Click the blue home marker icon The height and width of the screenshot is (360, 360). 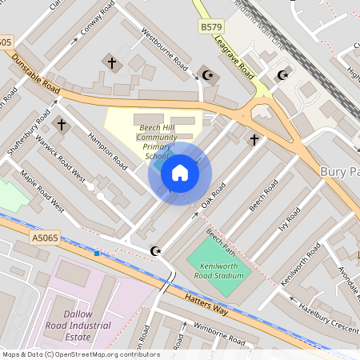(180, 172)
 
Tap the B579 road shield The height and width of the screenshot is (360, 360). (211, 27)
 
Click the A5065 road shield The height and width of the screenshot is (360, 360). (46, 237)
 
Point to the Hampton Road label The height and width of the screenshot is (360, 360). (108, 150)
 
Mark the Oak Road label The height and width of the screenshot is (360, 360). (214, 196)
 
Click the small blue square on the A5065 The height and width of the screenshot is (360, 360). (97, 253)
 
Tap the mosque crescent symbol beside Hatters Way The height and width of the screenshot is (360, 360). (156, 251)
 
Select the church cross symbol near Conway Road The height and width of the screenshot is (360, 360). (111, 62)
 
